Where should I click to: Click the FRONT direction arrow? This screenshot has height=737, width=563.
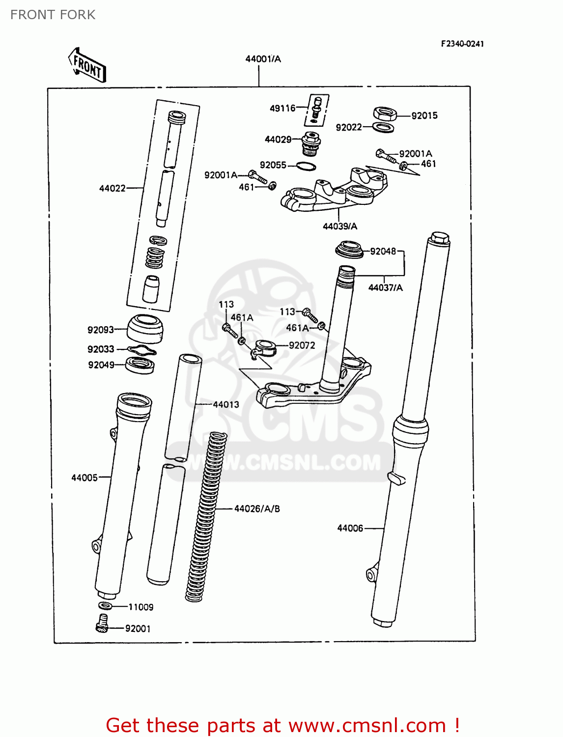[87, 65]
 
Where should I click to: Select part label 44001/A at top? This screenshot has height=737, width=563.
[263, 59]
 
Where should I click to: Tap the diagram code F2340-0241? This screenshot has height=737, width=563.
[462, 44]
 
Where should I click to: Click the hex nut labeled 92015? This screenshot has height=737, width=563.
[385, 114]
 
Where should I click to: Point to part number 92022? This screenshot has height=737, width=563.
[348, 127]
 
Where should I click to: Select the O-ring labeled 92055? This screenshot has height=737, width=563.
[306, 167]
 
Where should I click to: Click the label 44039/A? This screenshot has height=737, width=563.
[339, 227]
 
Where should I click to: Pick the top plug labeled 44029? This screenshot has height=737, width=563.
[311, 142]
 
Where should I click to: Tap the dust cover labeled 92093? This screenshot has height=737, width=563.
[145, 328]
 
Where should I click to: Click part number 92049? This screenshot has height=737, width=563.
[101, 365]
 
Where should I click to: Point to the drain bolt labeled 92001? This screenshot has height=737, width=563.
[102, 624]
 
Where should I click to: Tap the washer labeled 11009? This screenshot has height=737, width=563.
[105, 606]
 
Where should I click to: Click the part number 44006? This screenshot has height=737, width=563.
[350, 528]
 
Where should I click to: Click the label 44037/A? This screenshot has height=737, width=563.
[385, 288]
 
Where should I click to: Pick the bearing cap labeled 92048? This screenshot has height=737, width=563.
[349, 249]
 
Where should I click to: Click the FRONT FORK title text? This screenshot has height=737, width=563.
[53, 15]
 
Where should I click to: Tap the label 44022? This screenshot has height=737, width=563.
[112, 188]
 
